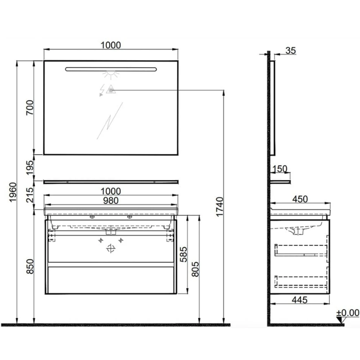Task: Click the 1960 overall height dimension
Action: [x=13, y=192]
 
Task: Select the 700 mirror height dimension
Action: [x=30, y=107]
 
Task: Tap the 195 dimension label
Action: [x=30, y=167]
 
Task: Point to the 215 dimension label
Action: [x=30, y=195]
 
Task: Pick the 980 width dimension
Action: [x=111, y=201]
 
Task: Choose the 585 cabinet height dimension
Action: [x=184, y=255]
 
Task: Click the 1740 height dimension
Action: [x=220, y=207]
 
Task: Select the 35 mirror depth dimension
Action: [x=291, y=50]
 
